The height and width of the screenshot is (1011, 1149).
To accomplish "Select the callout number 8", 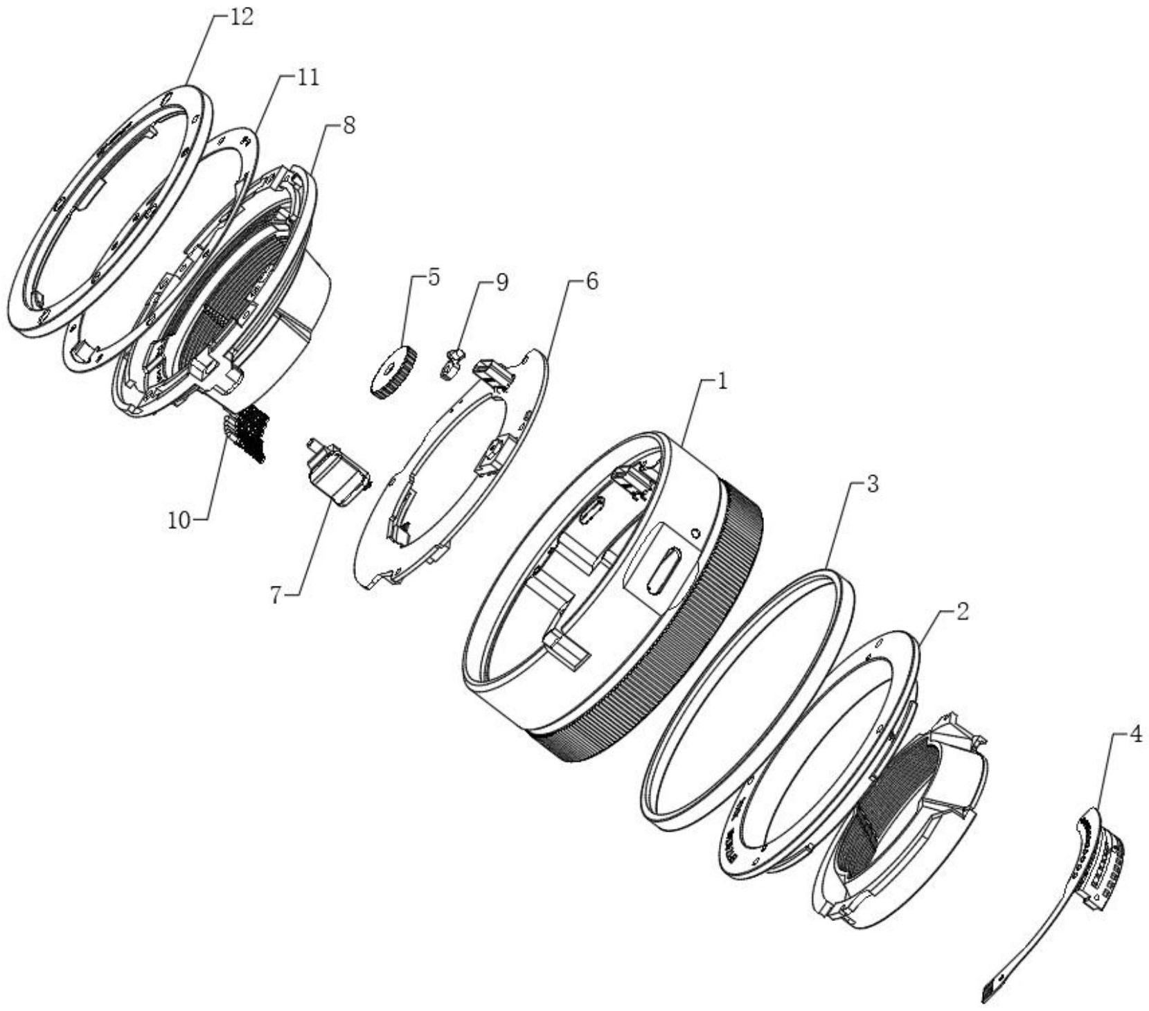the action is pyautogui.click(x=348, y=125).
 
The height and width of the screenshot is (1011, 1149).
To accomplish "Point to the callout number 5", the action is pyautogui.click(x=433, y=277).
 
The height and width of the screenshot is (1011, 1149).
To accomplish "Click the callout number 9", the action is pyautogui.click(x=501, y=282).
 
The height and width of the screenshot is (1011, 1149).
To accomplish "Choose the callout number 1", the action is pyautogui.click(x=722, y=380).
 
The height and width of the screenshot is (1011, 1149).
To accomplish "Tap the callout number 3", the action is pyautogui.click(x=872, y=483).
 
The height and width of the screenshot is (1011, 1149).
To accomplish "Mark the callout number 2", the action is pyautogui.click(x=962, y=611).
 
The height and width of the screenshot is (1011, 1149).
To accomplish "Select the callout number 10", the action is pyautogui.click(x=179, y=519).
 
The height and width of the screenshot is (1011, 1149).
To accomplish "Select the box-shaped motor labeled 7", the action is pyautogui.click(x=337, y=473).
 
